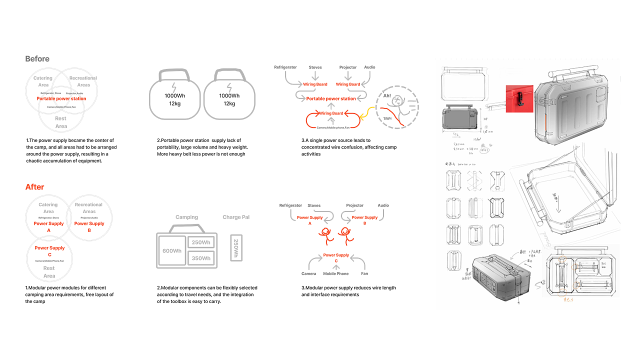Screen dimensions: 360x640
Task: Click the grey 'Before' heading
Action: click(x=37, y=59)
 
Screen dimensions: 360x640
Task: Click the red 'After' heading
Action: click(x=35, y=187)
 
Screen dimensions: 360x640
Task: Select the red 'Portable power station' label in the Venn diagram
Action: click(x=61, y=99)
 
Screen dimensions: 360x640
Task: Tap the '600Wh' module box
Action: click(x=172, y=251)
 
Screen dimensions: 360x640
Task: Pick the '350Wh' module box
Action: click(x=201, y=258)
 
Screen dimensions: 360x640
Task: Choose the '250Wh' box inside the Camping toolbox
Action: click(x=201, y=242)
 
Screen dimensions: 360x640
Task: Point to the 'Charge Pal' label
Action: click(x=236, y=217)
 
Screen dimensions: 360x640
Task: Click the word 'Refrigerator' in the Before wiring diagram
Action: click(x=285, y=67)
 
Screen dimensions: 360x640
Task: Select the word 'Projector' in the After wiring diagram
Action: click(x=355, y=205)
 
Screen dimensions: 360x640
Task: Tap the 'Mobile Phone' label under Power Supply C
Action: click(x=336, y=274)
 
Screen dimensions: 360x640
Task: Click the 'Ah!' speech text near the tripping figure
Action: click(x=387, y=95)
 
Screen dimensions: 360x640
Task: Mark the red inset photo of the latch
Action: click(x=519, y=98)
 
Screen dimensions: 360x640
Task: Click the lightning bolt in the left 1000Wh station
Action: click(x=174, y=85)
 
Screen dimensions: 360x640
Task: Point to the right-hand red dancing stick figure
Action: click(x=345, y=235)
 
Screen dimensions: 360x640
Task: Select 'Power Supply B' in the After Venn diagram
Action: click(x=89, y=226)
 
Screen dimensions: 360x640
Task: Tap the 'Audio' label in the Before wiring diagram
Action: click(x=369, y=67)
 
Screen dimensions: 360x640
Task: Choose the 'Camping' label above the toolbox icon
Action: click(x=187, y=217)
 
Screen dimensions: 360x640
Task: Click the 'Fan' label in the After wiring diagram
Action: click(x=364, y=274)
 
